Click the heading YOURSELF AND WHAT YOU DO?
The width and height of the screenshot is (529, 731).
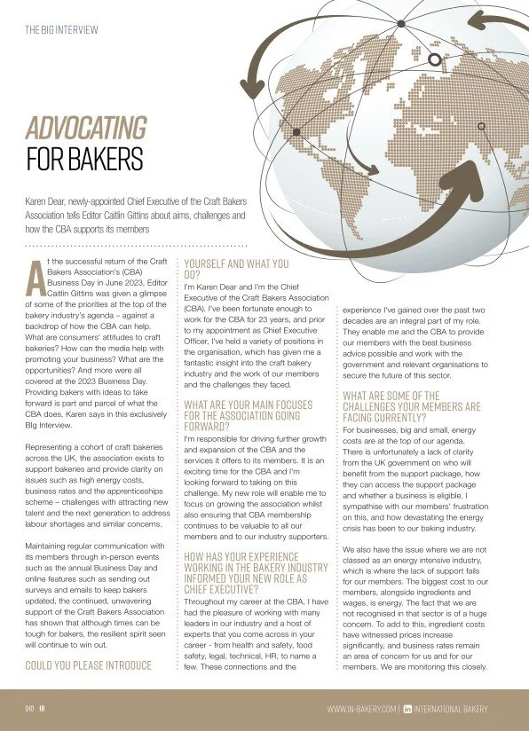(236, 269)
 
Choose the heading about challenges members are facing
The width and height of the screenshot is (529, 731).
(415, 407)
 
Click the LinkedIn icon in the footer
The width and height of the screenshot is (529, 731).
(408, 709)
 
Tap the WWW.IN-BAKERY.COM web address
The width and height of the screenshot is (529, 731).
(361, 709)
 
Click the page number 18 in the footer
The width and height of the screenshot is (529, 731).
(41, 709)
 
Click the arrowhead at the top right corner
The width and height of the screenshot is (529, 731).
(476, 20)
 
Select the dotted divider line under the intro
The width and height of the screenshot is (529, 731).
(133, 243)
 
